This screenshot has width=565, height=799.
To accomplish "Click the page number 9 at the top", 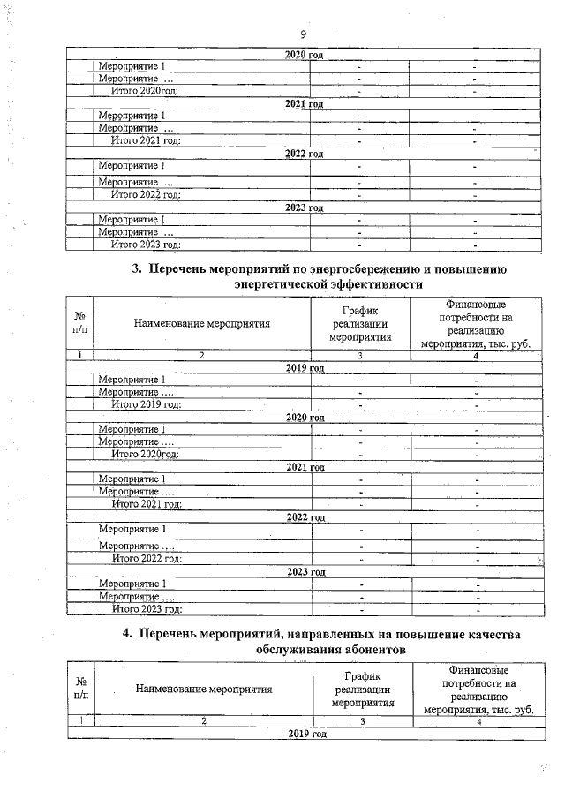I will coord(302,34).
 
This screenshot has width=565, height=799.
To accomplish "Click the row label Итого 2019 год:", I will coord(147,404).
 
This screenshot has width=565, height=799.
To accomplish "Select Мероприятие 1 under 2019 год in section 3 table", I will coord(132,380).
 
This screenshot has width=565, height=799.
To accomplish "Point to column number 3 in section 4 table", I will coord(361,721).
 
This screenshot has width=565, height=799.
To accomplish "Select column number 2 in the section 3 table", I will coord(201,355).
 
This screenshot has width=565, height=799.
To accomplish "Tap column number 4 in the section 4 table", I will coord(478,721).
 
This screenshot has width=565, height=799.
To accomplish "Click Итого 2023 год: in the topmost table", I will coord(146,245).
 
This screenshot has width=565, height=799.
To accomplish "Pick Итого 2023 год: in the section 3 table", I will coord(147,609).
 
